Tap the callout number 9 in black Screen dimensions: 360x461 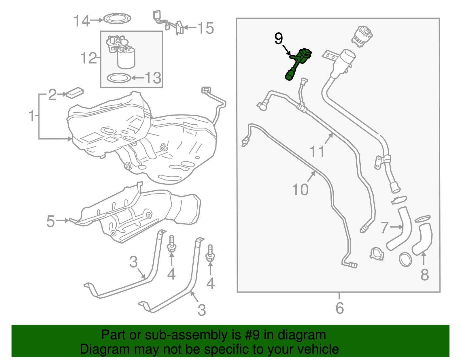[279, 39]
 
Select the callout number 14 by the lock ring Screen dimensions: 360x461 [82, 21]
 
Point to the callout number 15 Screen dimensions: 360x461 [206, 28]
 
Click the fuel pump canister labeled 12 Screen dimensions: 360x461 [126, 58]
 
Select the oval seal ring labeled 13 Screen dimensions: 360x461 [118, 78]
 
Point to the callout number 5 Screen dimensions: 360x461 [50, 221]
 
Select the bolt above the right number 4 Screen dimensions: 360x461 [210, 253]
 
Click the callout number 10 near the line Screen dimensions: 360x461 [300, 190]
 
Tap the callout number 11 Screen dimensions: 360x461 [317, 152]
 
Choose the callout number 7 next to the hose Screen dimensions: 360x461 [385, 227]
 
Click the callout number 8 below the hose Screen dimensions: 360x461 [425, 275]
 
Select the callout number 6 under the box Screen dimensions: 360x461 [340, 308]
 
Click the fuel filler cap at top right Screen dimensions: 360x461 [362, 36]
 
